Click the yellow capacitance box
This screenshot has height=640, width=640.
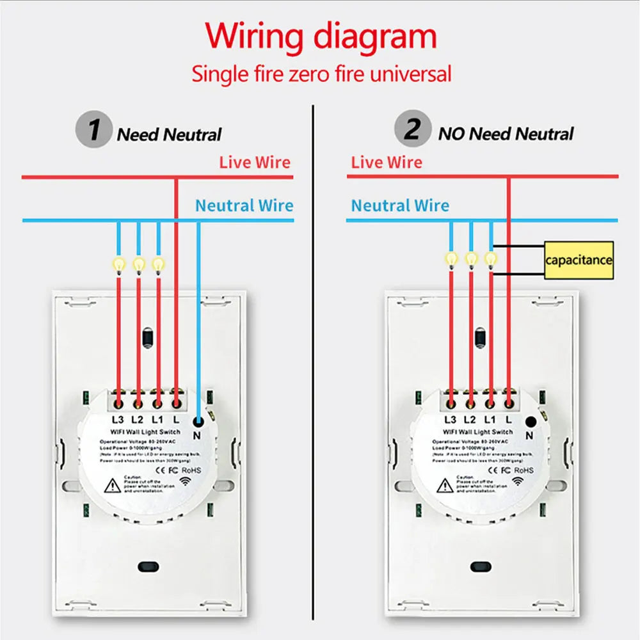click(579, 260)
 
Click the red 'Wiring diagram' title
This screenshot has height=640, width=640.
click(321, 36)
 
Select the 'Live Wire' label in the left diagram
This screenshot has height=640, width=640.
click(255, 162)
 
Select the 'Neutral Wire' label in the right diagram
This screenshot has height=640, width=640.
click(400, 205)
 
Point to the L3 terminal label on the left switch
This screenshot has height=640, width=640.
click(118, 420)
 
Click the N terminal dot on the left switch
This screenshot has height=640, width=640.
click(198, 421)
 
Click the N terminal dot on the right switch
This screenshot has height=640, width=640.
click(530, 421)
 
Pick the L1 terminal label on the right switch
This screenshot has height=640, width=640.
click(490, 420)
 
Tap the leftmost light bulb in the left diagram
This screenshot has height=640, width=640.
click(118, 263)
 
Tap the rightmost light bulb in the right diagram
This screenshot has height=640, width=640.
click(491, 259)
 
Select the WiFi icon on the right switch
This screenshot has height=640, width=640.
click(517, 481)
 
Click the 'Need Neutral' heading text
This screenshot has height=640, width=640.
click(169, 135)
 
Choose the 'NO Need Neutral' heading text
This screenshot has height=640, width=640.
click(506, 134)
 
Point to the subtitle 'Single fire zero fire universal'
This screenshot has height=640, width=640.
click(321, 74)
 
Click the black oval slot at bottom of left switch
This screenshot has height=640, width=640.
click(148, 566)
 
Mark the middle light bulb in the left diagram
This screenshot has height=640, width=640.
click(138, 263)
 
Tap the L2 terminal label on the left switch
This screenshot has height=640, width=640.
click(137, 420)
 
